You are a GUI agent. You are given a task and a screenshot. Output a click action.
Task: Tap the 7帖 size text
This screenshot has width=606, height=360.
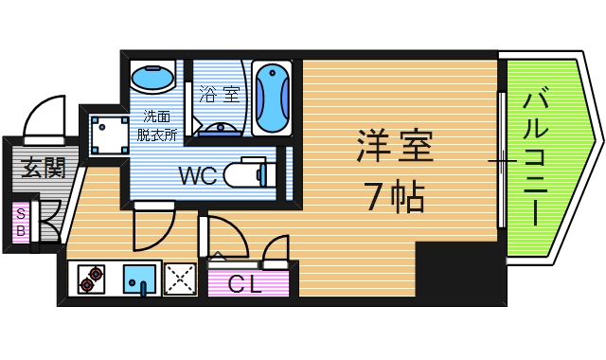point(394,197)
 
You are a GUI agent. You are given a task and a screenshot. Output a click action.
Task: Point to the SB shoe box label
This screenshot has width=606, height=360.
point(19,224)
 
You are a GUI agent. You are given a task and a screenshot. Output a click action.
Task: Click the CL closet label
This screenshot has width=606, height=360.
point(249,282)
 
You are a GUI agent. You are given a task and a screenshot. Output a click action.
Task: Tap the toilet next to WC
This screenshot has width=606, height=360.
point(256,173)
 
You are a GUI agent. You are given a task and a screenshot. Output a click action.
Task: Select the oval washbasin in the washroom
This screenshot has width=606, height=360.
point(151,74)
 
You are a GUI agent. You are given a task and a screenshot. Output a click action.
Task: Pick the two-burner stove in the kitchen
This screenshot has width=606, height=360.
point(91,279)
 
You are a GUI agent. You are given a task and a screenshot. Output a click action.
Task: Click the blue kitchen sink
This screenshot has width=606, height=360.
point(140,279)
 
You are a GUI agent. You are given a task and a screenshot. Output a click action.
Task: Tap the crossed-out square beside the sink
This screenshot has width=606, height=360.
point(180,279)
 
